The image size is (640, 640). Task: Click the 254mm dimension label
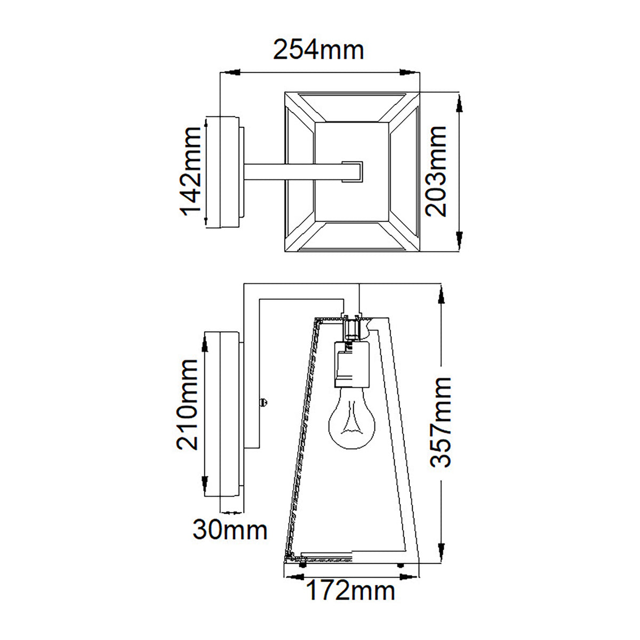point(318,50)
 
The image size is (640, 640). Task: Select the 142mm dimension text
point(190,171)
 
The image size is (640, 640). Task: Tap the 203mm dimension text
point(436,171)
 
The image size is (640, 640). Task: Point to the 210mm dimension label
point(187,404)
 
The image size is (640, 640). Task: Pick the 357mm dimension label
point(441,422)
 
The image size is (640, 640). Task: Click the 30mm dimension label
point(230,530)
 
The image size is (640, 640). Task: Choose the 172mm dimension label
point(350,590)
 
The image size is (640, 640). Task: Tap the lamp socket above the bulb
point(351,363)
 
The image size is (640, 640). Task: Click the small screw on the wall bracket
point(263,402)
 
